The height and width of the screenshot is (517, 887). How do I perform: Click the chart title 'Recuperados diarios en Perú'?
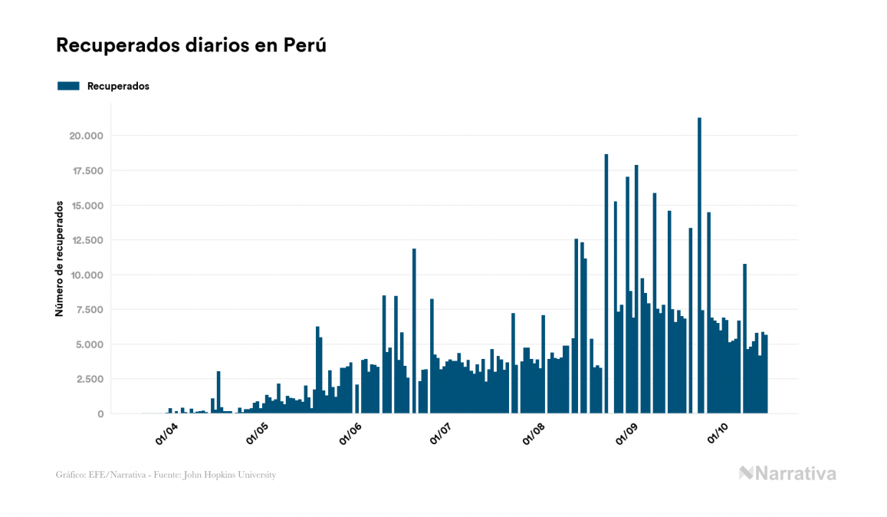coord(191,46)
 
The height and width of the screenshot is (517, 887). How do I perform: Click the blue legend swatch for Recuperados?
coord(69,86)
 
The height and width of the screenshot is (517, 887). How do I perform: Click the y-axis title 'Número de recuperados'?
coord(59,259)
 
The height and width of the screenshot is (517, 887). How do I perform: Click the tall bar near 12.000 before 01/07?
coord(414,330)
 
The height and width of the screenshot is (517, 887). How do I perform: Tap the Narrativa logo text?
coord(795,473)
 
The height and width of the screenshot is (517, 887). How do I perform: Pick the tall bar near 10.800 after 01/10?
coord(744,338)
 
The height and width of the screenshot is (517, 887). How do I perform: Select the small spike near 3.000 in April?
coord(218,392)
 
